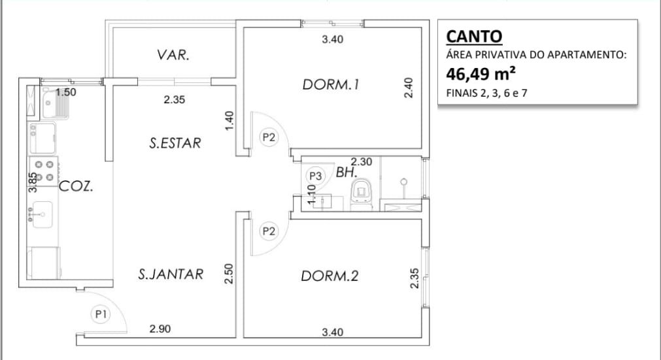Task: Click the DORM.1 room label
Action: tap(331, 85)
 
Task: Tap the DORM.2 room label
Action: tap(330, 276)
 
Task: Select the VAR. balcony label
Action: tap(173, 55)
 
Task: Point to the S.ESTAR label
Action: tap(175, 143)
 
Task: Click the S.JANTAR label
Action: tap(171, 274)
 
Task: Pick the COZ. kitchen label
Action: tap(76, 186)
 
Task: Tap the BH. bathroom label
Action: tap(347, 172)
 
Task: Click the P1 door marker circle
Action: tap(100, 314)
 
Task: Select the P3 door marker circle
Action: tap(315, 176)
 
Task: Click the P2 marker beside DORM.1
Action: tap(269, 137)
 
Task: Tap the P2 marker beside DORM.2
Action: tap(269, 231)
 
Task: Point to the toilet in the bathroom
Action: tap(362, 194)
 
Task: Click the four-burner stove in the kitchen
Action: tap(43, 171)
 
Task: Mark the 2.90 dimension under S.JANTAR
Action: tap(160, 329)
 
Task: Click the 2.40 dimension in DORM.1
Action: tap(408, 88)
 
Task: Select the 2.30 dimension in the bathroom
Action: tap(362, 161)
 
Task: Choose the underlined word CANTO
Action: tap(474, 37)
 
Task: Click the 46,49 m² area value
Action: tap(481, 74)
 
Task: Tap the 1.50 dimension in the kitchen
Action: tap(66, 92)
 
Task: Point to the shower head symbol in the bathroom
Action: tap(404, 182)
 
